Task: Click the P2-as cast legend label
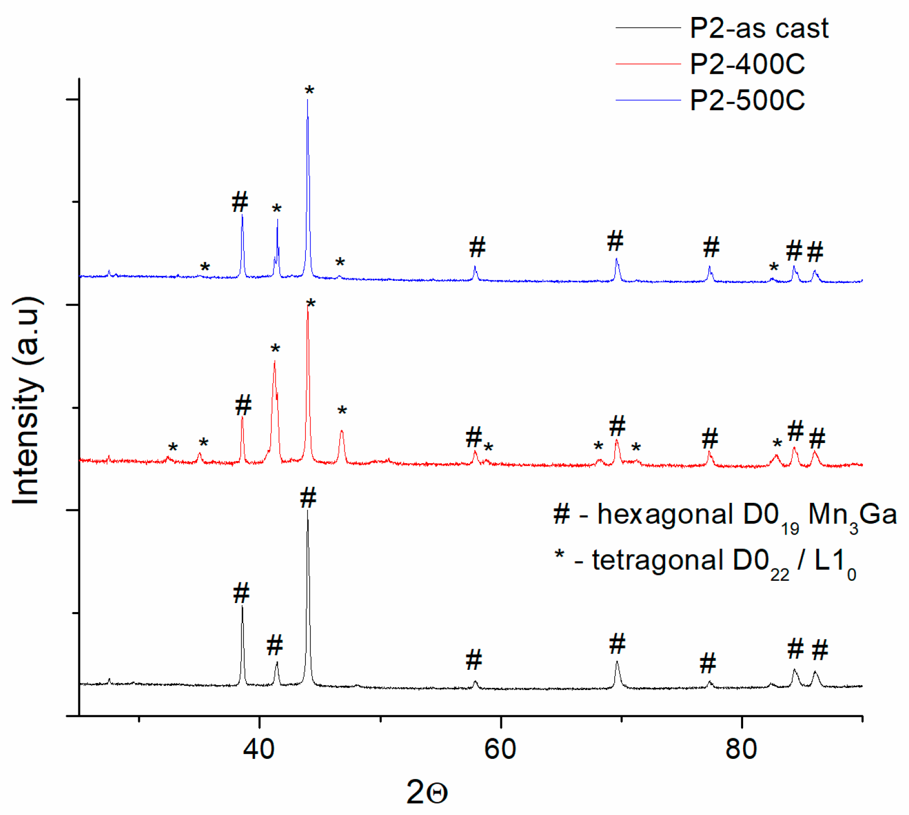click(x=758, y=28)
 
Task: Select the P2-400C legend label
click(x=747, y=64)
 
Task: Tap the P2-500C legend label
click(x=747, y=100)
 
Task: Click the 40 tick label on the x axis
click(x=259, y=749)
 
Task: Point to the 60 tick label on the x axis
click(x=500, y=749)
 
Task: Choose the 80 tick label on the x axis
click(x=741, y=749)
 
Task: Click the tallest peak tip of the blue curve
click(x=307, y=101)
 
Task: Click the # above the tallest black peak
click(x=308, y=498)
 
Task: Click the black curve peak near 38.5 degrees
click(x=242, y=607)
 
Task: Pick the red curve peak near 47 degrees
click(x=342, y=431)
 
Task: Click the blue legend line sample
click(x=648, y=100)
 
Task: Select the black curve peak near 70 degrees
click(x=617, y=662)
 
